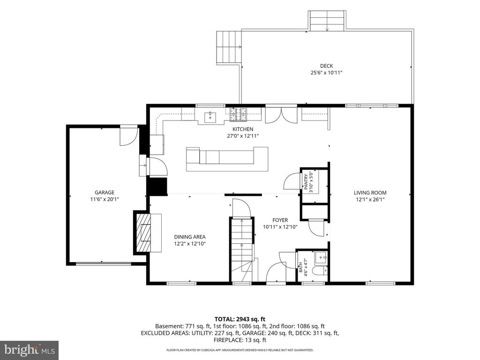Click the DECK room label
click(326, 66)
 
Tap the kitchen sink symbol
click(210, 117)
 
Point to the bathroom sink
click(321, 258)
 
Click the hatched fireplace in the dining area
click(143, 232)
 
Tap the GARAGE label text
click(105, 193)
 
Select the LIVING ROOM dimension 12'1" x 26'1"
click(370, 200)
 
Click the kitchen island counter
click(227, 159)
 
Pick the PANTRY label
click(306, 182)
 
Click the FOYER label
click(280, 220)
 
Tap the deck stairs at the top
click(327, 21)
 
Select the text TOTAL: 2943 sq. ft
click(240, 319)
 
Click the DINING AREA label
click(190, 237)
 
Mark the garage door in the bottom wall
click(104, 263)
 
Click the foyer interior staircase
click(242, 249)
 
